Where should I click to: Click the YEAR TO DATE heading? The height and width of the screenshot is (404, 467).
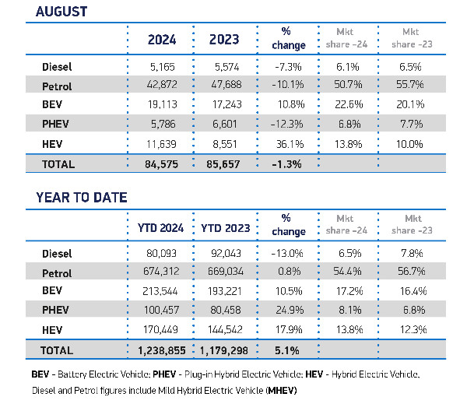click(x=79, y=198)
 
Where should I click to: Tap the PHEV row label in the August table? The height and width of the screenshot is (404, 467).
click(x=58, y=124)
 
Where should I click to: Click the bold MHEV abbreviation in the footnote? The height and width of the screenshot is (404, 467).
click(x=279, y=388)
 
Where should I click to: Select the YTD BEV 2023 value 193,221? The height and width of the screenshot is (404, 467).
click(x=226, y=290)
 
